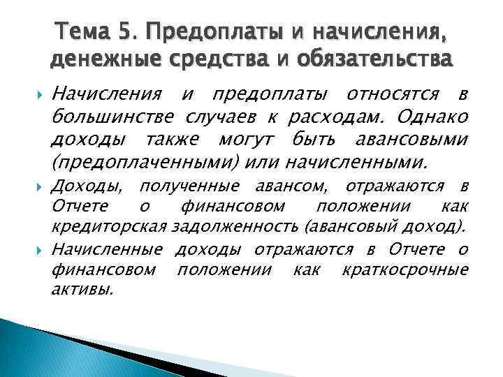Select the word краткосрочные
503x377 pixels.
[x=417, y=269]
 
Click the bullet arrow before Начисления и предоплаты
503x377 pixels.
[x=40, y=94]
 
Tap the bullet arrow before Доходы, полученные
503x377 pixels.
[x=40, y=186]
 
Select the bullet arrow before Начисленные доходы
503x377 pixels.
[x=40, y=249]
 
